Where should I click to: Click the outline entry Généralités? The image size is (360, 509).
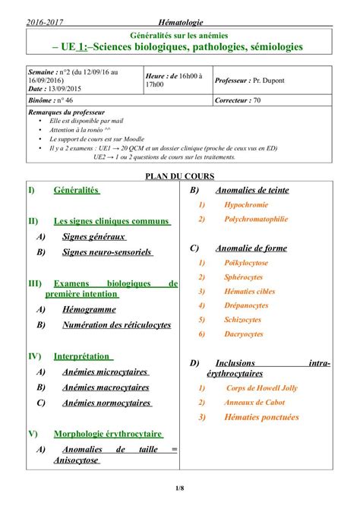click(76, 190)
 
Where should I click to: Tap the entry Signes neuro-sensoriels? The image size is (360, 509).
click(107, 251)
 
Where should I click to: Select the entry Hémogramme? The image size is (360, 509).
click(90, 310)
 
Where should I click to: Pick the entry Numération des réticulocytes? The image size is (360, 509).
click(116, 325)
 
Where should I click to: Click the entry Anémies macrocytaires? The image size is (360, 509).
click(105, 387)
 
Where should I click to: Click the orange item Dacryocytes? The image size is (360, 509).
click(244, 334)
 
